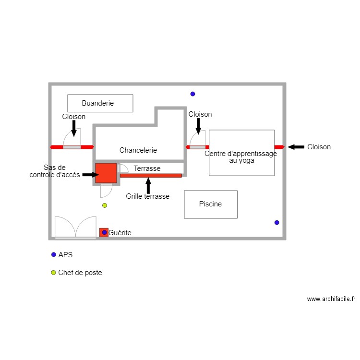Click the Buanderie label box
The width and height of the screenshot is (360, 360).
pyautogui.click(x=100, y=103)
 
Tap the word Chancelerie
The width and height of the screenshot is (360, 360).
pyautogui.click(x=138, y=150)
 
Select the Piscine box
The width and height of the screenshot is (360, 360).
pyautogui.click(x=211, y=204)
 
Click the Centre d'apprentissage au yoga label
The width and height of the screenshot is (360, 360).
pyautogui.click(x=241, y=157)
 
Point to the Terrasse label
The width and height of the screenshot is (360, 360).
pyautogui.click(x=147, y=168)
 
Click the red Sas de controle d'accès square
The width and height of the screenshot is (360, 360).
pyautogui.click(x=106, y=173)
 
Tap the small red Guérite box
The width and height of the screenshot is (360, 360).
pyautogui.click(x=104, y=232)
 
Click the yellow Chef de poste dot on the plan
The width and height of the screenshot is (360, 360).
pyautogui.click(x=105, y=205)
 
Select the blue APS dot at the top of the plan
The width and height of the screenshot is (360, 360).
pyautogui.click(x=192, y=94)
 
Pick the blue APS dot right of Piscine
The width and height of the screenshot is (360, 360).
pyautogui.click(x=276, y=223)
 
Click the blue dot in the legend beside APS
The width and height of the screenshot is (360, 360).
pyautogui.click(x=54, y=255)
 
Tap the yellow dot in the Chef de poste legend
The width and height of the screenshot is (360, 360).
pyautogui.click(x=54, y=273)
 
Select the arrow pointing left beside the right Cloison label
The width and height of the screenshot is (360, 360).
pyautogui.click(x=296, y=147)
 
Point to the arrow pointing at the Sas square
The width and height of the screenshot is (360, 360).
pyautogui.click(x=90, y=175)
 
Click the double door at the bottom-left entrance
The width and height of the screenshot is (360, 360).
pyautogui.click(x=75, y=228)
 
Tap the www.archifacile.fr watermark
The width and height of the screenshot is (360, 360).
pyautogui.click(x=331, y=299)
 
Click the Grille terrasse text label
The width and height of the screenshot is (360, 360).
pyautogui.click(x=148, y=196)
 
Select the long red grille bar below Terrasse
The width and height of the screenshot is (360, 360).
pyautogui.click(x=151, y=176)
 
